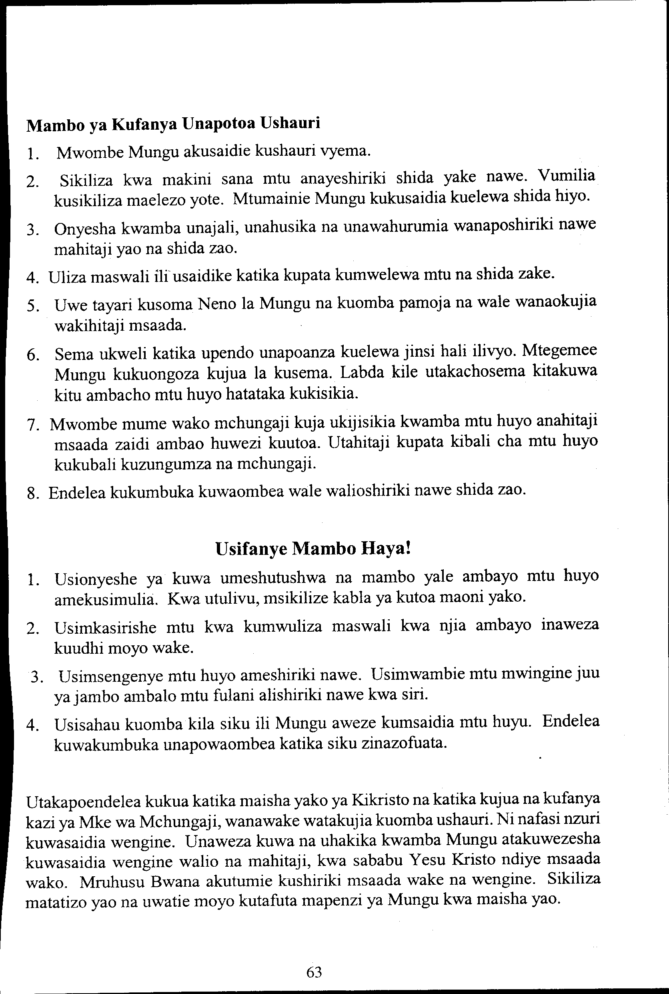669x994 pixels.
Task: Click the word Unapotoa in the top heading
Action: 218,124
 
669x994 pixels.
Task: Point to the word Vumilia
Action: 566,175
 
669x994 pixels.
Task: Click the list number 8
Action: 32,494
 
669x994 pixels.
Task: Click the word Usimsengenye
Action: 110,676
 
